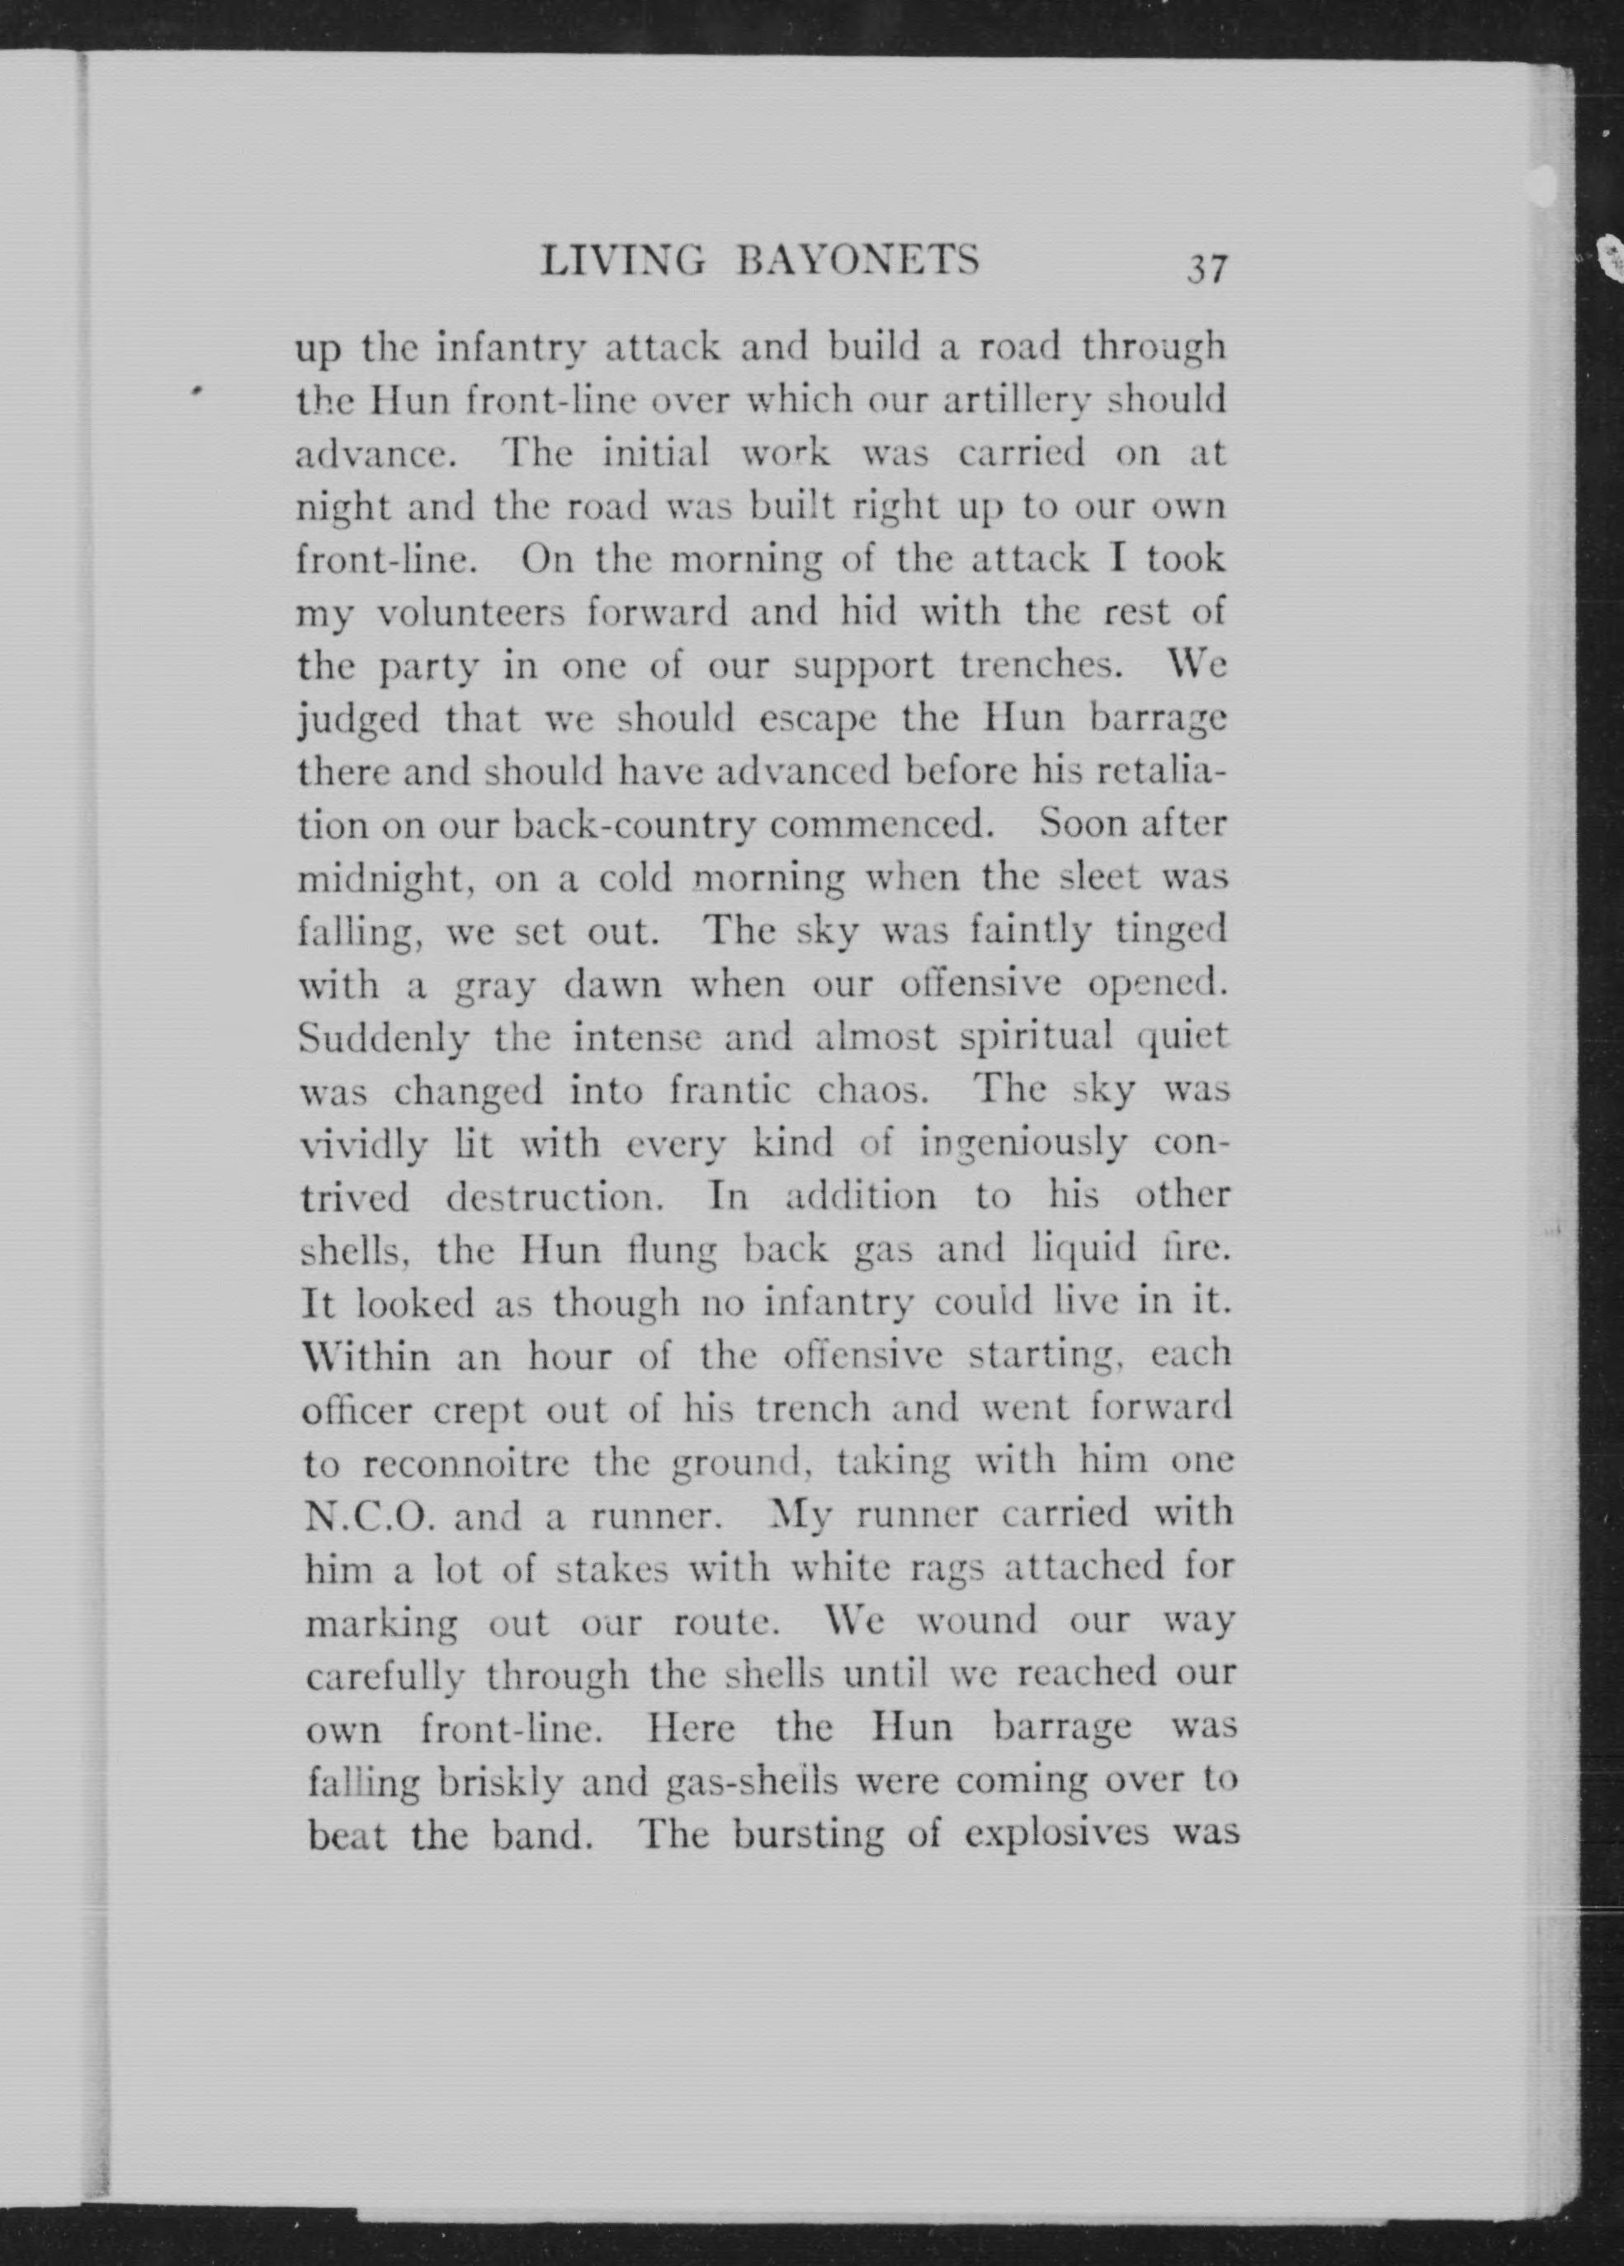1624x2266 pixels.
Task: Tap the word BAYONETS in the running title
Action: (x=857, y=262)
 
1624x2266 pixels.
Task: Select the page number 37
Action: (x=1206, y=270)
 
